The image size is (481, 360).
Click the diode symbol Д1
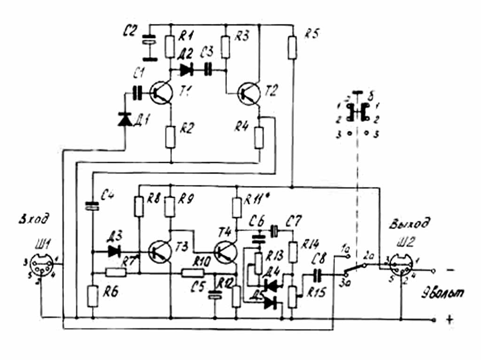click(x=124, y=119)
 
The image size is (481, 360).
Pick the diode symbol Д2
click(x=186, y=70)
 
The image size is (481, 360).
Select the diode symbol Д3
click(x=114, y=251)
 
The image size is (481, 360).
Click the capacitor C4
click(x=93, y=205)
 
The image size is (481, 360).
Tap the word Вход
click(x=33, y=219)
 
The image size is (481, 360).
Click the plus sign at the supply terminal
click(x=450, y=320)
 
